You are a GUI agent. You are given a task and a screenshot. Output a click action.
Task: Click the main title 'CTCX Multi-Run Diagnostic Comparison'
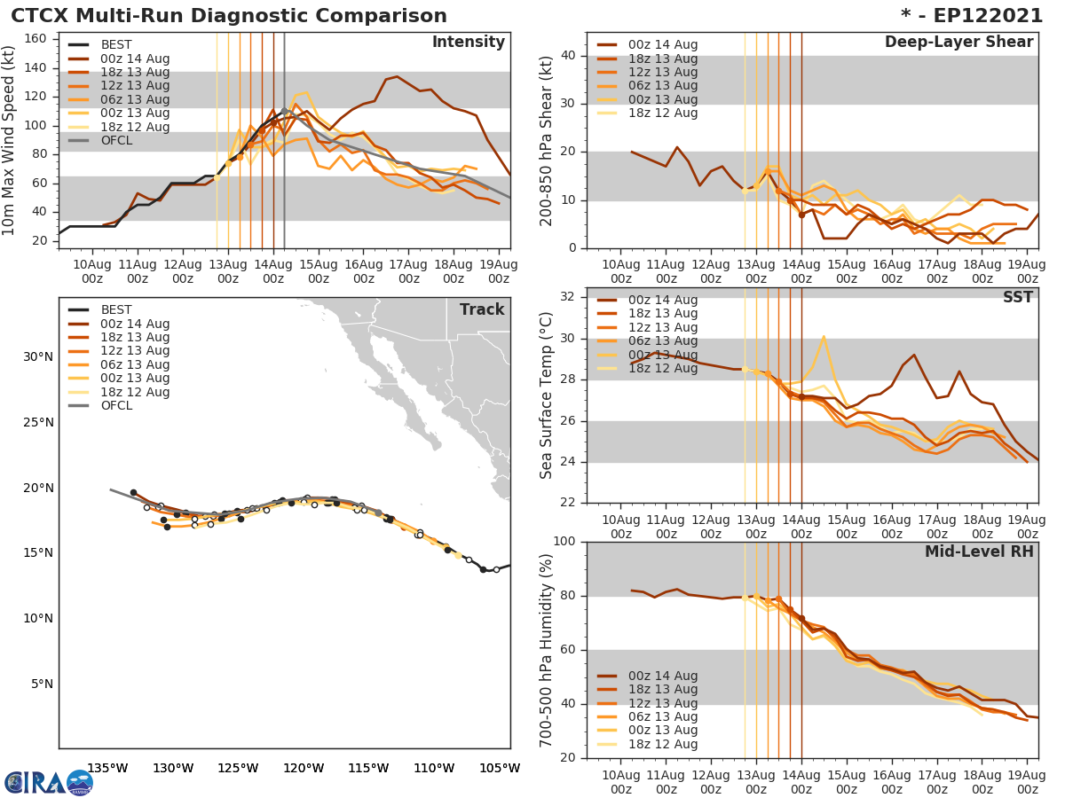point(229,16)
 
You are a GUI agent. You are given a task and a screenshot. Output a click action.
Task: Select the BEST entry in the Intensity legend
point(116,45)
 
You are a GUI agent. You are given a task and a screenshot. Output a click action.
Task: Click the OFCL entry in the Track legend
point(116,406)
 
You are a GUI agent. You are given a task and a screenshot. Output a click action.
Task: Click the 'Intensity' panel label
point(468,43)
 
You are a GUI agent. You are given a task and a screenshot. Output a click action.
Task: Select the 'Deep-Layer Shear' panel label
point(958,43)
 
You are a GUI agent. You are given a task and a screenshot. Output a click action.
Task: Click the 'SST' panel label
point(1017,298)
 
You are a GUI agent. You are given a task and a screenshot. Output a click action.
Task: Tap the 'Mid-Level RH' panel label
point(979,552)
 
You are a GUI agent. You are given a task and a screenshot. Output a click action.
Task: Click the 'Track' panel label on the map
point(482,310)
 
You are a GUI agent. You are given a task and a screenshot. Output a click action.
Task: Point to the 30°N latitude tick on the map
point(38,357)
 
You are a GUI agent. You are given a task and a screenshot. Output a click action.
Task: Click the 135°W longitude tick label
point(106,769)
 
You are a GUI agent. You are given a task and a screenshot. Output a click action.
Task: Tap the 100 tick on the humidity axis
point(564,541)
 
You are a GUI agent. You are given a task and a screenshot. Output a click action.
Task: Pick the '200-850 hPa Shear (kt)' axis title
point(547,140)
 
